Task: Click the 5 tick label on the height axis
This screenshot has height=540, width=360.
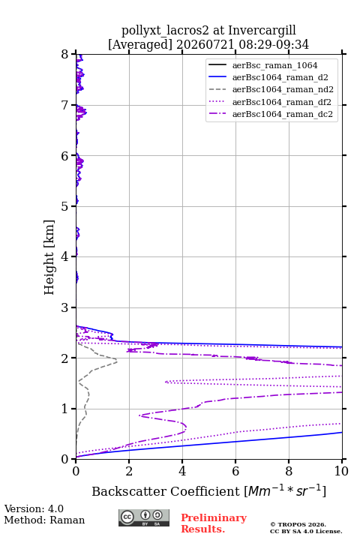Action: point(64,206)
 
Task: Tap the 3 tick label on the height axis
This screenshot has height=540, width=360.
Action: point(64,307)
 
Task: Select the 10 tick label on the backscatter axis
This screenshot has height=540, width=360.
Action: point(341,471)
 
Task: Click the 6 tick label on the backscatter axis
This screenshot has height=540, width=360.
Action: point(235,471)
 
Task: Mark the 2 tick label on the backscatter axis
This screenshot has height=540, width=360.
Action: point(129,471)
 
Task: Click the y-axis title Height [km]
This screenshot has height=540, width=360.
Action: point(49,257)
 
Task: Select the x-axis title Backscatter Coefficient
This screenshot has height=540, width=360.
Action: point(166,491)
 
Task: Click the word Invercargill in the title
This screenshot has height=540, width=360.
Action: point(262,31)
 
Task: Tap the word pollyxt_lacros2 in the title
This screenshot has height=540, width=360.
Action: point(165,31)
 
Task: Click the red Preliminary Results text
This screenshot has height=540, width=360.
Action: point(214,523)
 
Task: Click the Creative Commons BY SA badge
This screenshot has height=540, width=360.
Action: point(144,517)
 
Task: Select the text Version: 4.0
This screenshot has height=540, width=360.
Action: point(34,508)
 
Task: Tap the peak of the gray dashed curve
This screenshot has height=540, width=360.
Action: point(117,361)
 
